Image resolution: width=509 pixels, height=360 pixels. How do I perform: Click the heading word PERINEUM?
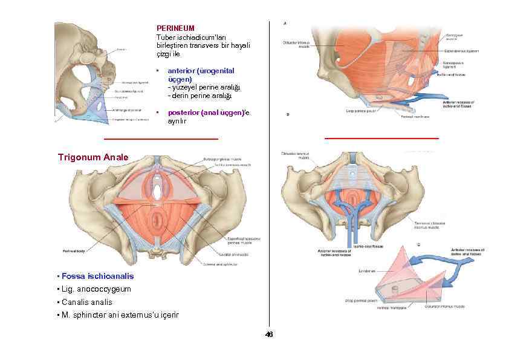[175, 28]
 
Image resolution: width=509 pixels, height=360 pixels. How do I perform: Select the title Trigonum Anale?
[92, 157]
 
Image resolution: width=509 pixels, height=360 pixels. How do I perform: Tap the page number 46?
[269, 335]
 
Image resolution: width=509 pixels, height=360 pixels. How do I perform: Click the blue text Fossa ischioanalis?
[97, 276]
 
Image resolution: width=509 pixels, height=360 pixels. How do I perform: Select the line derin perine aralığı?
[200, 96]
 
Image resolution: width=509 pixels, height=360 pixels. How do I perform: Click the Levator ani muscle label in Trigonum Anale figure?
[227, 255]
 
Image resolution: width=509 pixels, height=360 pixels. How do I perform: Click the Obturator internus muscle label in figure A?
[296, 45]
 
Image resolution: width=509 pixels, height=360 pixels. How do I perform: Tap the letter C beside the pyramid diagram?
[419, 244]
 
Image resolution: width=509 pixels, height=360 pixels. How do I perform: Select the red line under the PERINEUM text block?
[161, 139]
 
